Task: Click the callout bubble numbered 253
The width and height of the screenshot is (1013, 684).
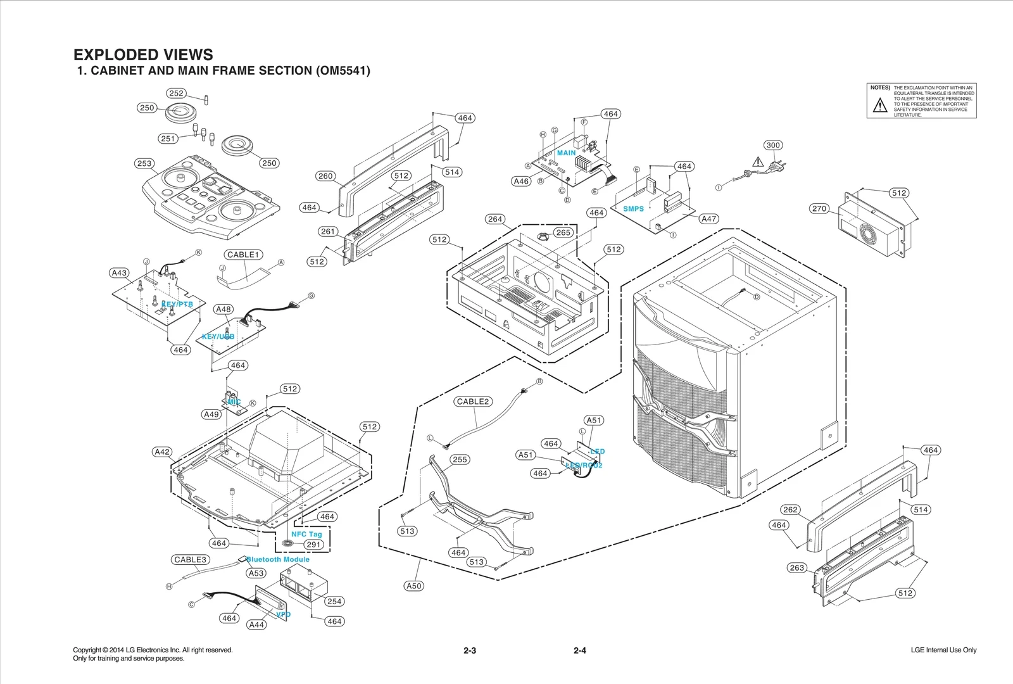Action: (x=144, y=163)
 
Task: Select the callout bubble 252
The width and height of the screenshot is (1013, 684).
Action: (x=176, y=93)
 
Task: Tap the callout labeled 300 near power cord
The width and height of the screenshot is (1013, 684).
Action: (x=773, y=145)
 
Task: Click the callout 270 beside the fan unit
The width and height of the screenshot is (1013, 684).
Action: (x=819, y=208)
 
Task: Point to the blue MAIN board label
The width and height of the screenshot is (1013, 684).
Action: (x=566, y=153)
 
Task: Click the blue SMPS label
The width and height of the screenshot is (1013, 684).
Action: (x=633, y=208)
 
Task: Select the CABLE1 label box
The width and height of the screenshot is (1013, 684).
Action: (x=244, y=255)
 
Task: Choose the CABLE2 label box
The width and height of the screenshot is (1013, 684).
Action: (x=474, y=402)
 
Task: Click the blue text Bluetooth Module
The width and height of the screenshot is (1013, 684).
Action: (x=278, y=559)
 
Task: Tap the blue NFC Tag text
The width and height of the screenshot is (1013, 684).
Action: (x=306, y=534)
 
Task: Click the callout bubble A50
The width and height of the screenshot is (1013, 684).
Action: (x=413, y=586)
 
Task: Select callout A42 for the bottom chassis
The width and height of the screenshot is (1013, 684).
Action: (x=162, y=452)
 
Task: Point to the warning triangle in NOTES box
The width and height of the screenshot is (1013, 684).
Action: (x=880, y=106)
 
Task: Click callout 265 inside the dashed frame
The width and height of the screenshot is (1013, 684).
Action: (x=563, y=232)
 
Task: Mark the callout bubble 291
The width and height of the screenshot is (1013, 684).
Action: (x=314, y=545)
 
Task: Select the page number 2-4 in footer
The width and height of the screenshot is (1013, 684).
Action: (x=579, y=650)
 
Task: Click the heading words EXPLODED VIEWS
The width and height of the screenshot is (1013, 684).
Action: (x=143, y=54)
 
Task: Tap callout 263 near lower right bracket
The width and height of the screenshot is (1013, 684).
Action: (x=797, y=567)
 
